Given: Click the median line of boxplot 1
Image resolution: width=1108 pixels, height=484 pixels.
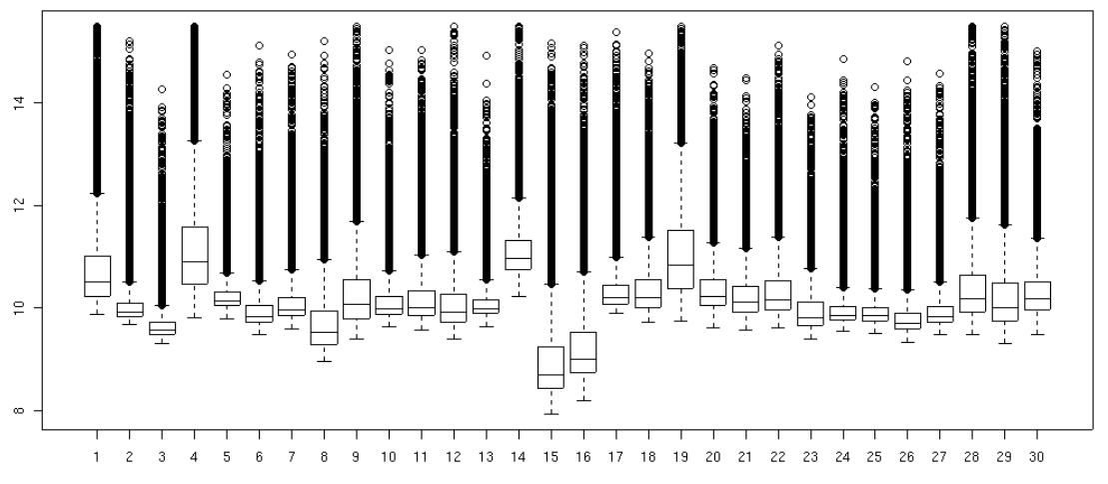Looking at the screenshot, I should [x=97, y=282].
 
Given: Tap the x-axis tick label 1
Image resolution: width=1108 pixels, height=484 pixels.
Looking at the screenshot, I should [x=97, y=464].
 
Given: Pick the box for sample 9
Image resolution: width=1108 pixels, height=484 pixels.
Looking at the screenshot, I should [x=357, y=299].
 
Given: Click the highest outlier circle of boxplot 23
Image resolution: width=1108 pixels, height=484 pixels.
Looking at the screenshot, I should [x=810, y=97].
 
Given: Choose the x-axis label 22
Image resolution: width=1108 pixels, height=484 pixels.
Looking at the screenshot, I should [x=777, y=464].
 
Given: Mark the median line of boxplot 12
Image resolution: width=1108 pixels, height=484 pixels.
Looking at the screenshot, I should [x=454, y=312].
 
